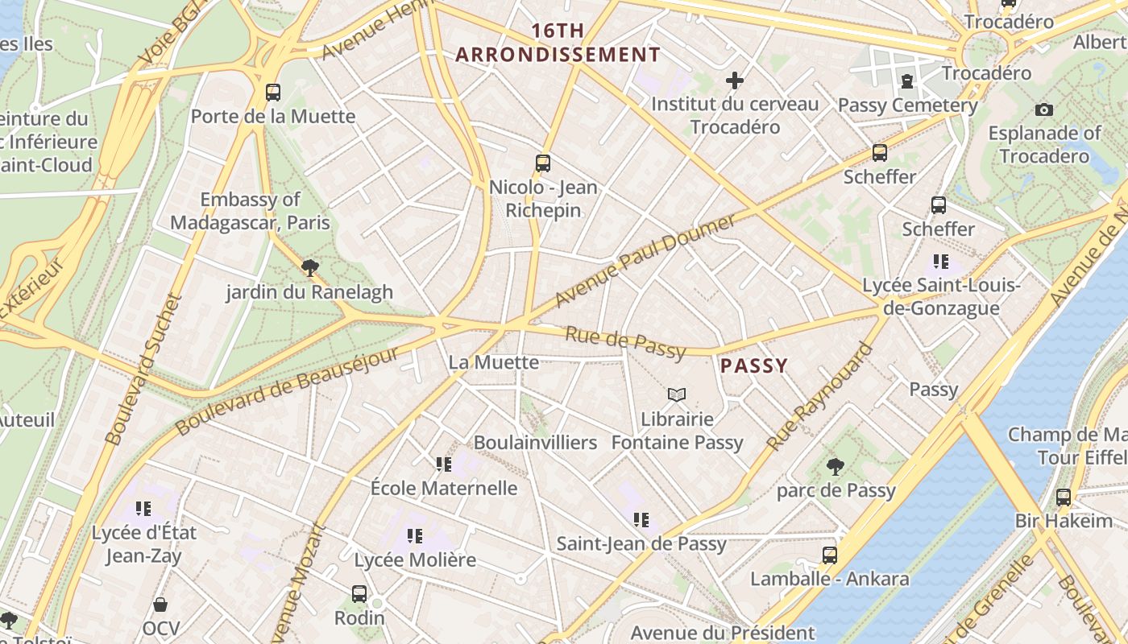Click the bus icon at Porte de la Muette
273,92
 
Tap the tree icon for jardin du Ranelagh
309,267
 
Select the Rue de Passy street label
624,342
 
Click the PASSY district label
754,366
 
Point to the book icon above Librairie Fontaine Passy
677,394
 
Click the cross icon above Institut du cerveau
734,80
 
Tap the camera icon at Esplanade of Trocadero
1044,109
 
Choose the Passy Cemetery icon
907,80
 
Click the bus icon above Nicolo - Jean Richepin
543,163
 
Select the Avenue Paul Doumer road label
645,260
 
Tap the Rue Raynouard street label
819,397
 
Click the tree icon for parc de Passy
836,466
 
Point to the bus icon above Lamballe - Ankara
829,555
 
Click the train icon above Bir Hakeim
1064,497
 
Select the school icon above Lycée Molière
415,535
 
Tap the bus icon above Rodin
359,594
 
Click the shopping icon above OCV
160,604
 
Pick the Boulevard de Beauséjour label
288,391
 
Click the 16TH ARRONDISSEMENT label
558,43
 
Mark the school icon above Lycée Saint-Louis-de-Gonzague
941,262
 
